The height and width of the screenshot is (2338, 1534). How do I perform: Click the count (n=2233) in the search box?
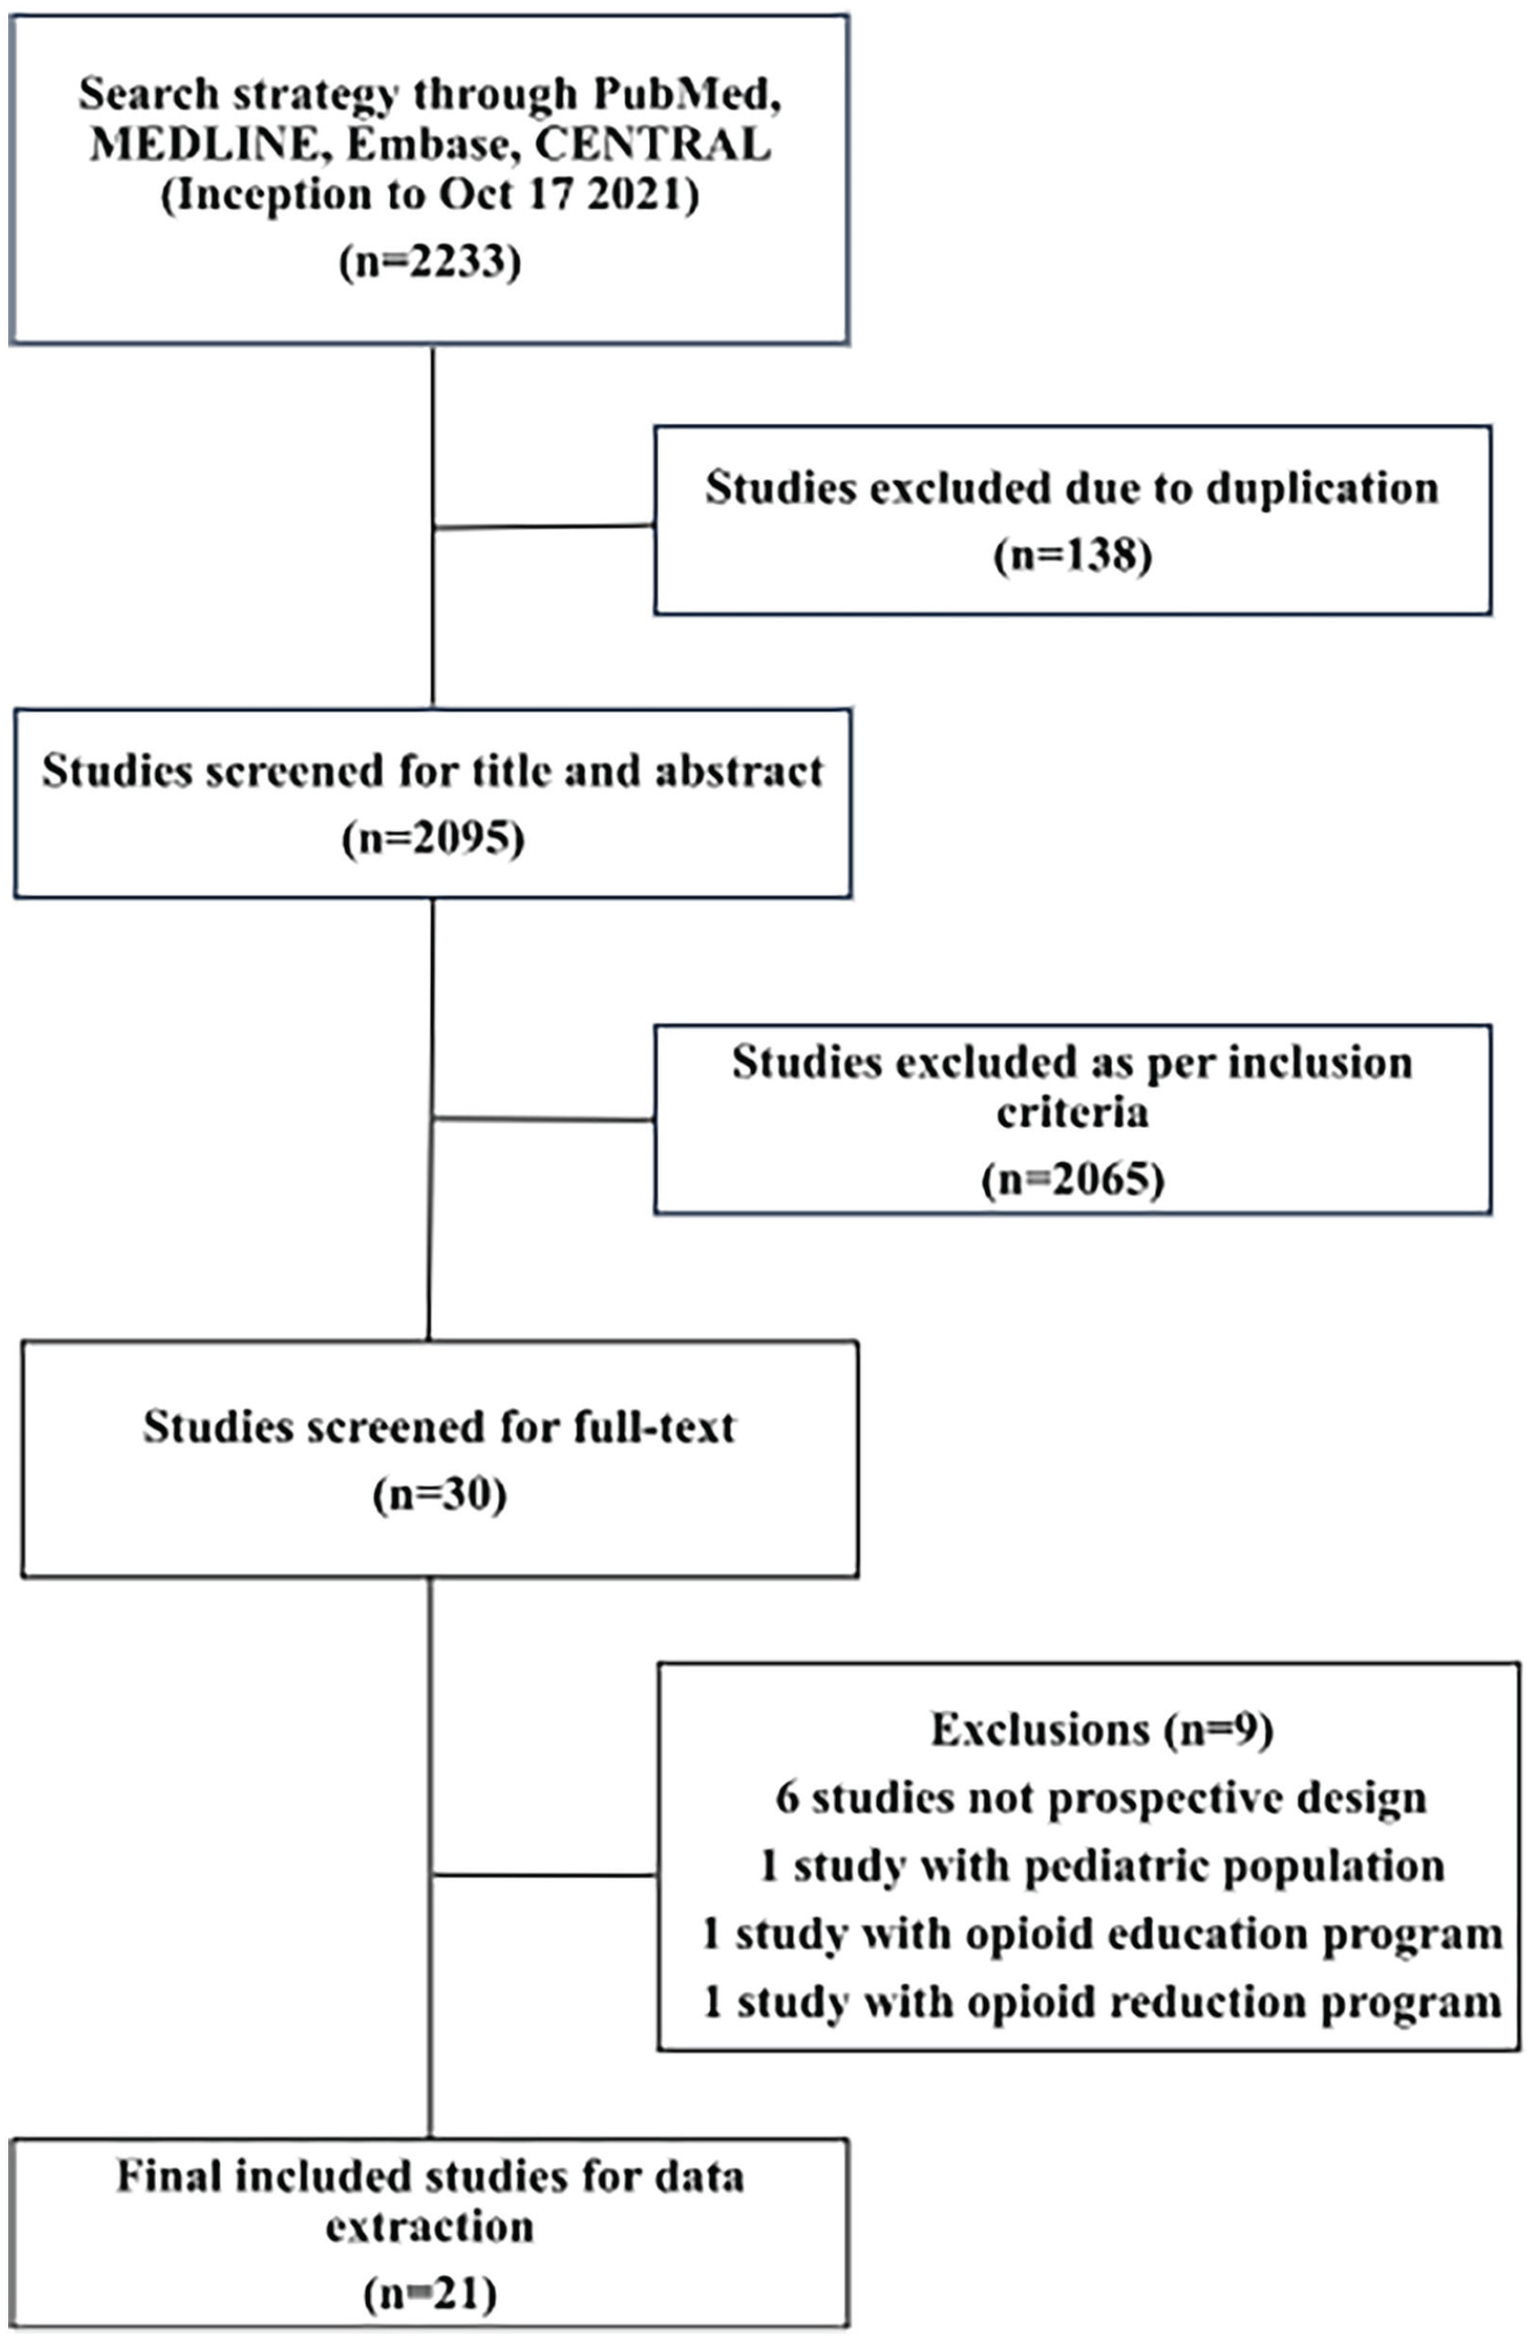coord(430,263)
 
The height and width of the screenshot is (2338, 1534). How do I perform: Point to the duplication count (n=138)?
coord(1072,556)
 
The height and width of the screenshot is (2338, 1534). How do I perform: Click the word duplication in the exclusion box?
coord(1322,488)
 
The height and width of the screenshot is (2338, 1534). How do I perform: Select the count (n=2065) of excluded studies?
coord(1072,1179)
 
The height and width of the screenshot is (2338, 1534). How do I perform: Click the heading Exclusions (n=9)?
coord(1101,1730)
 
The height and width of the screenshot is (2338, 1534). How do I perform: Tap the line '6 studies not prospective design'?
coord(1101,1798)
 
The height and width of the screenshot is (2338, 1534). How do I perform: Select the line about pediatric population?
coord(1101,1865)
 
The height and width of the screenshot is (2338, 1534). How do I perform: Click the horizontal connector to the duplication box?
coord(544,527)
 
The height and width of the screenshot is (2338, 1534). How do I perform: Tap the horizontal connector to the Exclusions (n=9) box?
coord(545,1874)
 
